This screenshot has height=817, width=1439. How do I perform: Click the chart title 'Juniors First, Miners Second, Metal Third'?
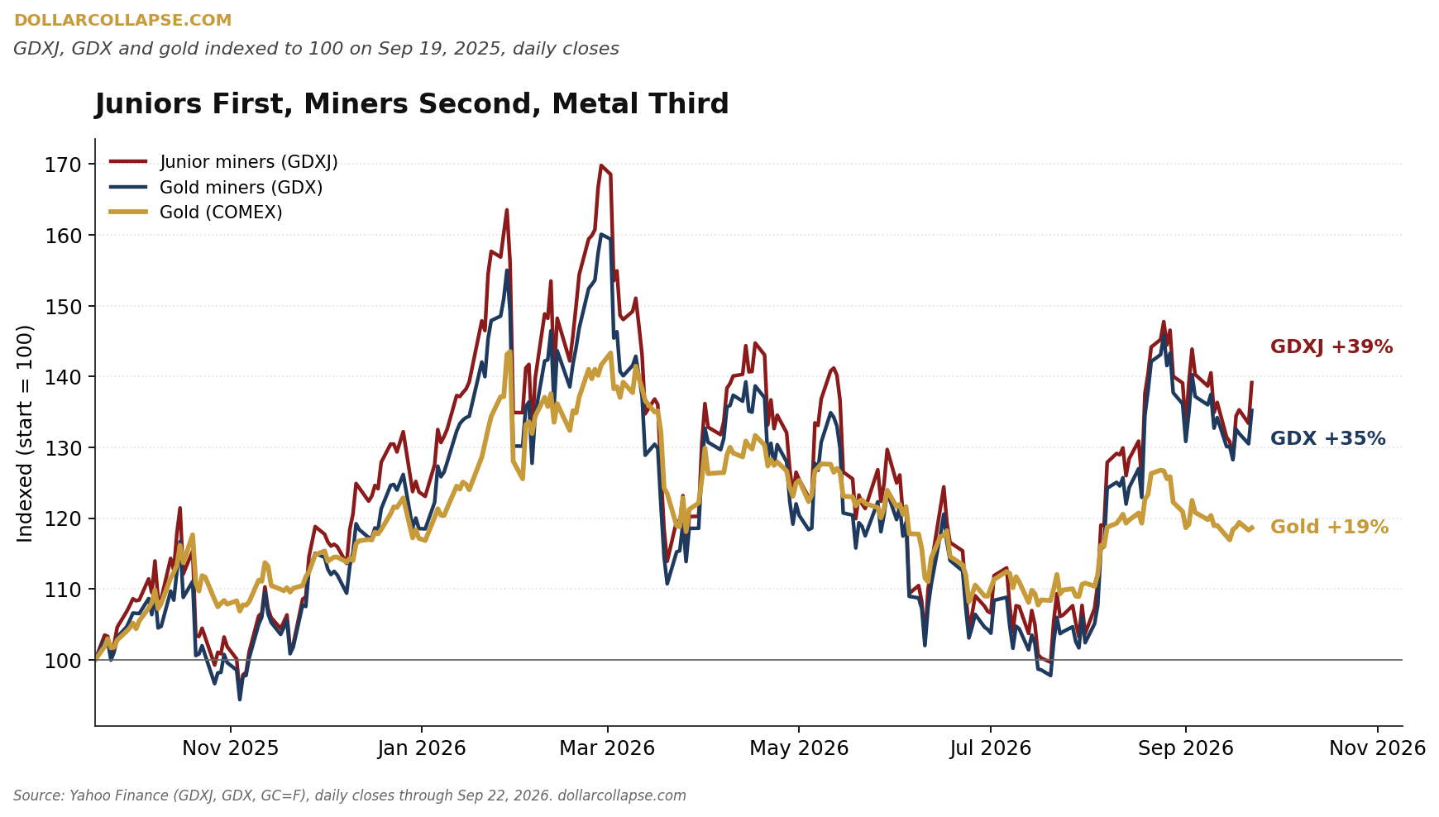(x=412, y=105)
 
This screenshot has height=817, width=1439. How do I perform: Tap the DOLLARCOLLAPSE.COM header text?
(x=122, y=21)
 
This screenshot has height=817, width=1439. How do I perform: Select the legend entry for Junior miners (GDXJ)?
(x=224, y=162)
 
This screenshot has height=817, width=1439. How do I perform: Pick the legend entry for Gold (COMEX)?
(x=196, y=213)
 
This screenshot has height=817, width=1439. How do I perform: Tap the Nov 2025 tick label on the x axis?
(x=231, y=748)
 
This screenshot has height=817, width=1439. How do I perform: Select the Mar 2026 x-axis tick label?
(x=607, y=748)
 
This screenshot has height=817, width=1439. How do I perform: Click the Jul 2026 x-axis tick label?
(x=991, y=748)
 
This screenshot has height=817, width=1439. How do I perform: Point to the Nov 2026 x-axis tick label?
(x=1378, y=748)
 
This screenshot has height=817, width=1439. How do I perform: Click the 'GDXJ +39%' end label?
(x=1331, y=347)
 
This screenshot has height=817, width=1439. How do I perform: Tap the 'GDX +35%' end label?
(x=1328, y=439)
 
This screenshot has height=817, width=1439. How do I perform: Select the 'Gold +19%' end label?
(x=1330, y=528)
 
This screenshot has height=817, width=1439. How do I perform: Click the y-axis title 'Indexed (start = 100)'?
(x=26, y=433)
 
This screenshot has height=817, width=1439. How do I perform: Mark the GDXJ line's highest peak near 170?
(x=600, y=165)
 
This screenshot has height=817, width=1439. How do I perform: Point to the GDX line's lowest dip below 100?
(x=240, y=700)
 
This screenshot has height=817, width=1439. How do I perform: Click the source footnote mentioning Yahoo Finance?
(x=350, y=795)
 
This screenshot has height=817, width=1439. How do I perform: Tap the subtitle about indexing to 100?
(x=316, y=49)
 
